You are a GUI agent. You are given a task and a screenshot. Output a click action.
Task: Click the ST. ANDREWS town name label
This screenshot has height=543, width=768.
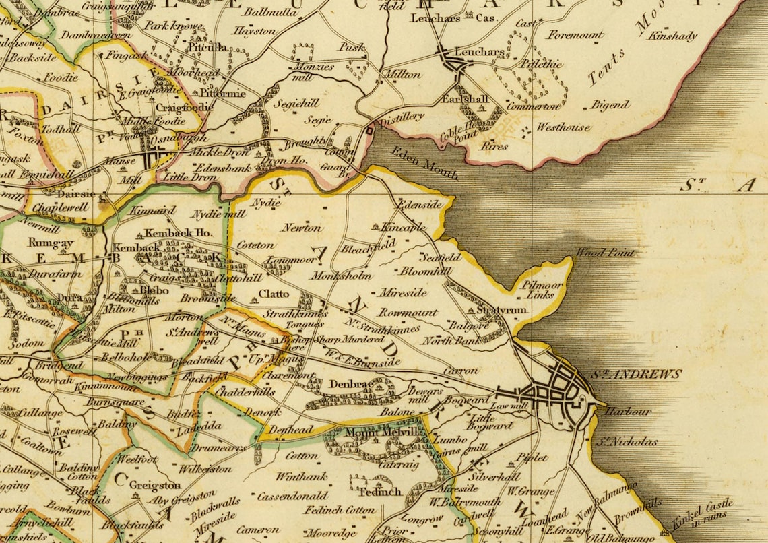coord(636,374)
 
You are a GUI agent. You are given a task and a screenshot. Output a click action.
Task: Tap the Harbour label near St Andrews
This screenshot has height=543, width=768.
coord(628,411)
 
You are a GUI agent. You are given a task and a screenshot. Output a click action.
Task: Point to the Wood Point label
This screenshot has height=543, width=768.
coord(604,253)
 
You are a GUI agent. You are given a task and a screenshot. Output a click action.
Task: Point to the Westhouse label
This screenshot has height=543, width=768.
coord(563,127)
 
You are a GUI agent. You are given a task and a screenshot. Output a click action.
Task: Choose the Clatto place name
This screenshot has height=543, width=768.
coord(274,294)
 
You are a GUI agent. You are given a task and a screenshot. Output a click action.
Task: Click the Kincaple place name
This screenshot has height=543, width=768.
coord(404,227)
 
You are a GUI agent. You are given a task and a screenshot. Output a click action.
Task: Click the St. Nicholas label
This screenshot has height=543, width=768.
coord(626,442)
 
